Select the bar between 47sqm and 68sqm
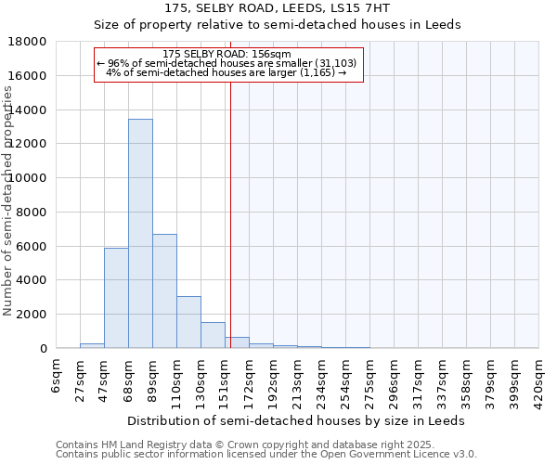click(x=116, y=298)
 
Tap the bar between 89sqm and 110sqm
click(x=164, y=291)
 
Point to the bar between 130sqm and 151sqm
click(x=213, y=335)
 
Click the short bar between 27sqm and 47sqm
click(x=92, y=345)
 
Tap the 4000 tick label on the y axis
click(x=31, y=280)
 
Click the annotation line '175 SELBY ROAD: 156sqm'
click(x=227, y=54)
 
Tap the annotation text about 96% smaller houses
click(x=227, y=63)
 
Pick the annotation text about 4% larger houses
click(x=227, y=72)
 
